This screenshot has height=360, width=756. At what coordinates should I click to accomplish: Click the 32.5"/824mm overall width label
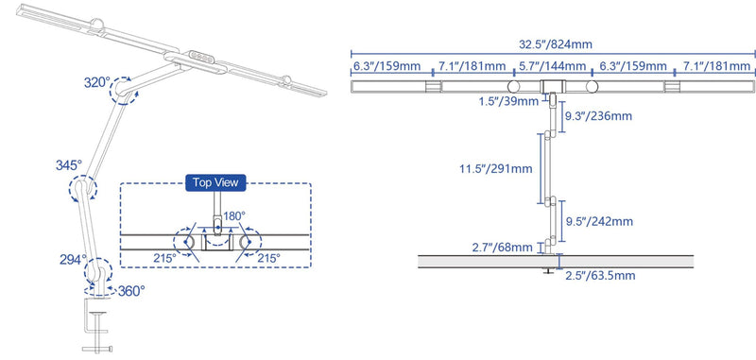(x=555, y=44)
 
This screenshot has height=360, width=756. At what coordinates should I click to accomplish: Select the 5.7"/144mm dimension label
(x=553, y=65)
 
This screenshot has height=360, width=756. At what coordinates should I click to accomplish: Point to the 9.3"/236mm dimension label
(x=598, y=116)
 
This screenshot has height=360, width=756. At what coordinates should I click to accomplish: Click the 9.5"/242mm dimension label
(x=599, y=222)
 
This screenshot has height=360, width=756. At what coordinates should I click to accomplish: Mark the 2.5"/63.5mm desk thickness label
(x=600, y=276)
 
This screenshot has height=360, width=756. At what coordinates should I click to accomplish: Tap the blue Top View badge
(x=215, y=182)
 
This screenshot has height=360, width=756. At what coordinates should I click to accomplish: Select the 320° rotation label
(x=98, y=82)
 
